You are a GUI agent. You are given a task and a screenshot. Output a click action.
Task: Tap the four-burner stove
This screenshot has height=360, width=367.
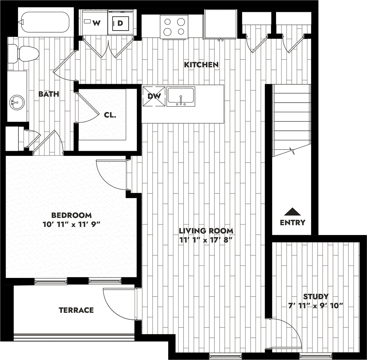(x=175, y=27)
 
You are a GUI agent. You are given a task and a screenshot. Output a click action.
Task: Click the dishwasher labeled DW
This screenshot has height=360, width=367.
(x=154, y=96)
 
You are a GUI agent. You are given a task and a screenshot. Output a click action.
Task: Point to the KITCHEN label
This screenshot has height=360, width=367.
(x=201, y=65)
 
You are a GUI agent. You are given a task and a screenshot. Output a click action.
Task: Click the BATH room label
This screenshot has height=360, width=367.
(x=49, y=94)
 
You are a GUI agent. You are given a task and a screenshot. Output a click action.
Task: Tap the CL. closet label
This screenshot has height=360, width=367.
(x=110, y=115)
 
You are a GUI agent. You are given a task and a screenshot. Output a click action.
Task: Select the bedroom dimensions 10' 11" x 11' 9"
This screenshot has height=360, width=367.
(x=71, y=225)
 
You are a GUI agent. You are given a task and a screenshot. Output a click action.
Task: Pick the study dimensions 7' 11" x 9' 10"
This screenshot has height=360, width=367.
(x=315, y=306)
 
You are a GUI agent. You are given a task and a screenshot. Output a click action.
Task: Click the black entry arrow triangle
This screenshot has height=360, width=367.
(x=293, y=211)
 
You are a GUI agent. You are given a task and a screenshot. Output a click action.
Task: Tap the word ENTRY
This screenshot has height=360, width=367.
(x=292, y=222)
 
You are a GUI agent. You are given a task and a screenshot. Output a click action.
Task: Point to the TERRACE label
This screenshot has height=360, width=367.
(x=76, y=310)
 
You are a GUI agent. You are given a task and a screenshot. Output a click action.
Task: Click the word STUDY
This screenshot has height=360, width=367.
(x=315, y=296)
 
